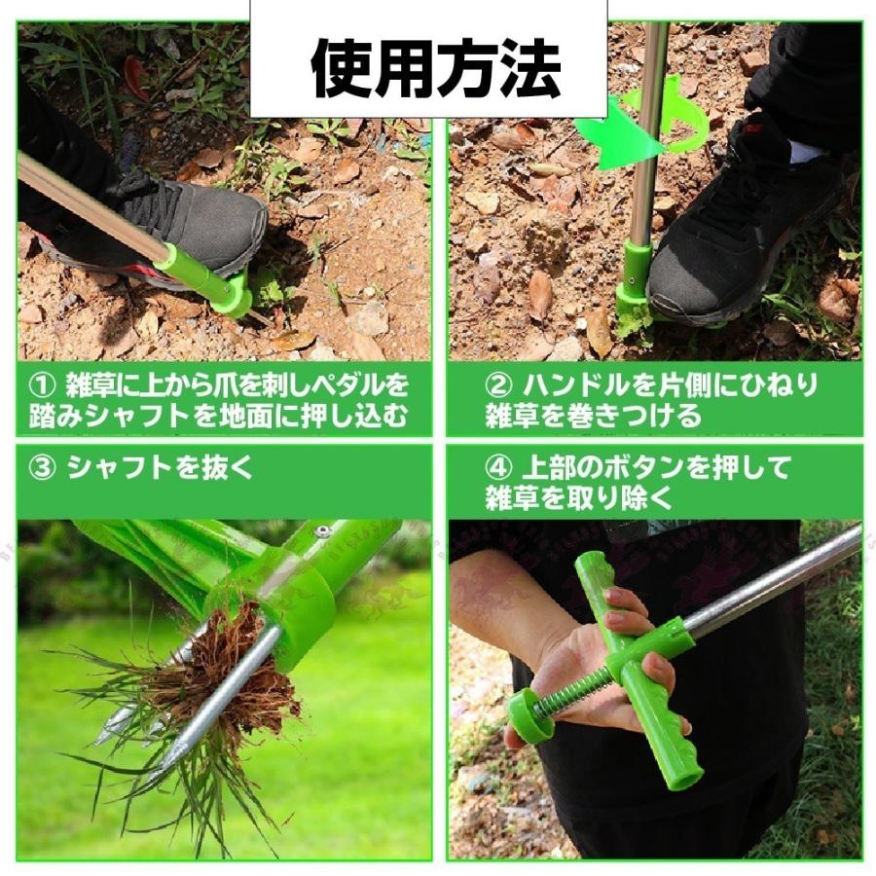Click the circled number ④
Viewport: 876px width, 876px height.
496,467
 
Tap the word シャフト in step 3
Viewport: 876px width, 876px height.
123,467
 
